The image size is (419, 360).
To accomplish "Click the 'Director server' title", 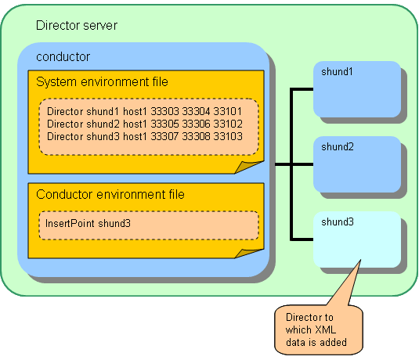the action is pyautogui.click(x=77, y=26).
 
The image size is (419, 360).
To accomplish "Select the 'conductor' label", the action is pyautogui.click(x=63, y=57).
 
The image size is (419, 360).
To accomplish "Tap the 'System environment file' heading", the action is pyautogui.click(x=102, y=81).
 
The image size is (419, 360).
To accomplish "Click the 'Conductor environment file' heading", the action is pyautogui.click(x=110, y=194).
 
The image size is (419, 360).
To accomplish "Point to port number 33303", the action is pyautogui.click(x=164, y=111).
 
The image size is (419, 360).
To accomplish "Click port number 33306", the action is pyautogui.click(x=196, y=124).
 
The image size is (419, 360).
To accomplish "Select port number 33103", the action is pyautogui.click(x=228, y=136).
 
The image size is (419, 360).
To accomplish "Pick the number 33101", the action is pyautogui.click(x=227, y=111).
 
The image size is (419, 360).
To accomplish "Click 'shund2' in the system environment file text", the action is pyautogui.click(x=103, y=124).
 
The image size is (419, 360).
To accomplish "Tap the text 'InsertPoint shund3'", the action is pyautogui.click(x=88, y=223).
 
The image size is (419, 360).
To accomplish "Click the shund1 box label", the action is pyautogui.click(x=337, y=71).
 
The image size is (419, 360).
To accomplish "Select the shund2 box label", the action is pyautogui.click(x=338, y=146).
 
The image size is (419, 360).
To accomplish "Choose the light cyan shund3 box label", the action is pyautogui.click(x=338, y=221).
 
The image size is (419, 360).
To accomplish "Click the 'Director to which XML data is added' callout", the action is pyautogui.click(x=318, y=330).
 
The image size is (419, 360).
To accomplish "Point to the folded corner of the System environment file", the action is pyautogui.click(x=248, y=167).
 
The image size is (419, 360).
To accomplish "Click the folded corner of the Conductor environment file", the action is pyautogui.click(x=248, y=254).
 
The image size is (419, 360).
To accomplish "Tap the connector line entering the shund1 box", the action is pyautogui.click(x=302, y=89).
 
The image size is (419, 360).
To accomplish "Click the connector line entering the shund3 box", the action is pyautogui.click(x=302, y=239).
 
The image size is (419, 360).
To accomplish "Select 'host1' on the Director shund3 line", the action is pyautogui.click(x=135, y=136).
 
